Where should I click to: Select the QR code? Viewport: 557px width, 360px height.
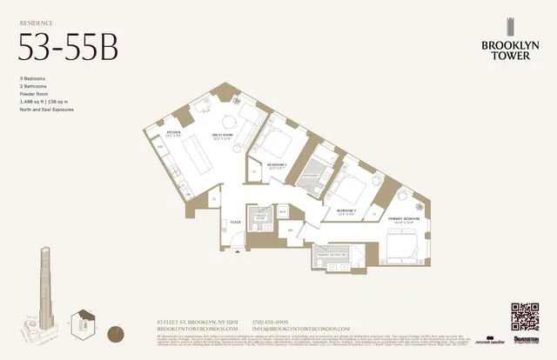tap(525, 316)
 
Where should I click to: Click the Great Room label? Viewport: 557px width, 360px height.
tap(222, 136)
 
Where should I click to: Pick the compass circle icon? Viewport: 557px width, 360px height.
tap(115, 332)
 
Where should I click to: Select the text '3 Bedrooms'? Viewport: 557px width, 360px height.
tap(34, 78)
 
